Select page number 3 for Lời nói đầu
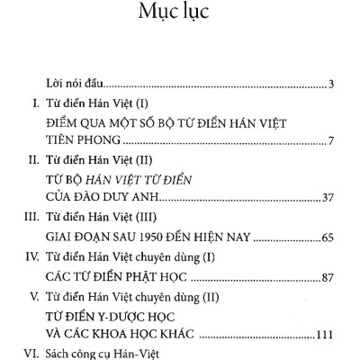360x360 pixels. (x=331, y=85)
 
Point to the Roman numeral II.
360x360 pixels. (x=31, y=162)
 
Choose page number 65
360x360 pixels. (x=328, y=239)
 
